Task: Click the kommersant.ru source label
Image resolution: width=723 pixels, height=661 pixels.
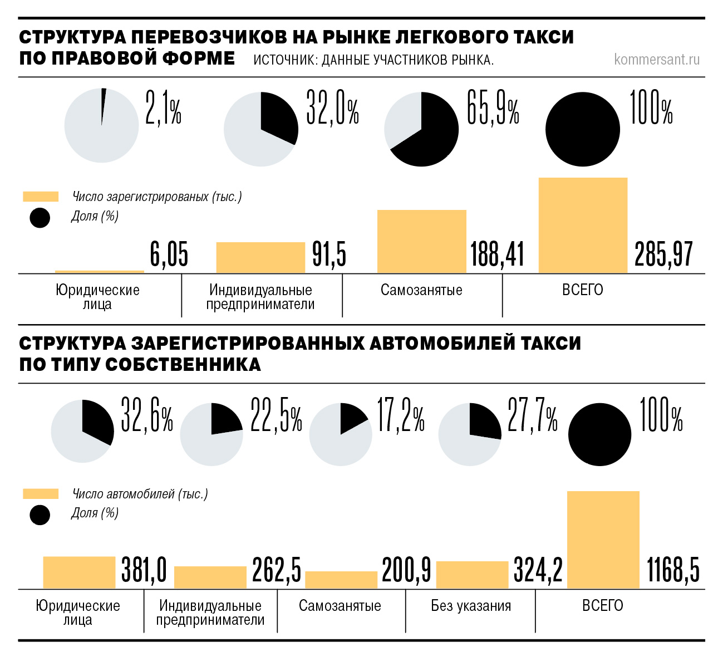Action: [x=657, y=59]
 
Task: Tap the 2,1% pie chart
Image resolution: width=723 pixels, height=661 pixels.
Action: [x=101, y=126]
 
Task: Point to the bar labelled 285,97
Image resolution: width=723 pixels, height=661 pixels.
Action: [x=583, y=226]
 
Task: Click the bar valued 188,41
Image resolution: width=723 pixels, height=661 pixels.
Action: [x=421, y=241]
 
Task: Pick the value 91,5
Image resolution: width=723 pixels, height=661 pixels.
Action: [x=329, y=255]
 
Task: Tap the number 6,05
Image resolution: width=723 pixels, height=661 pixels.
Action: [x=169, y=255]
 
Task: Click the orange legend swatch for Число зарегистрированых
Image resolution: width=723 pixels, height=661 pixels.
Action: [x=40, y=197]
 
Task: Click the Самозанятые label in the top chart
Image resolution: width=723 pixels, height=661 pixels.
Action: [x=421, y=290]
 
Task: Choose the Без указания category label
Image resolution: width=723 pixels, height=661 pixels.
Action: [x=471, y=606]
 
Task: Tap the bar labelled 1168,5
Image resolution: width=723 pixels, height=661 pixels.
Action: [x=603, y=540]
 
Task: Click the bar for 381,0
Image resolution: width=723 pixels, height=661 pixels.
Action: [x=79, y=572]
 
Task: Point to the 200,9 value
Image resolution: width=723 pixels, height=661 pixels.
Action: [x=406, y=570]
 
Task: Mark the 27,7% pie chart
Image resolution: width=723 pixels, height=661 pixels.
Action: [x=470, y=434]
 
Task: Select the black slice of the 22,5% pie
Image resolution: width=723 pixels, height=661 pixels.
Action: [x=225, y=421]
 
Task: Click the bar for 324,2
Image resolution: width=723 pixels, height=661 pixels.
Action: [x=472, y=575]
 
